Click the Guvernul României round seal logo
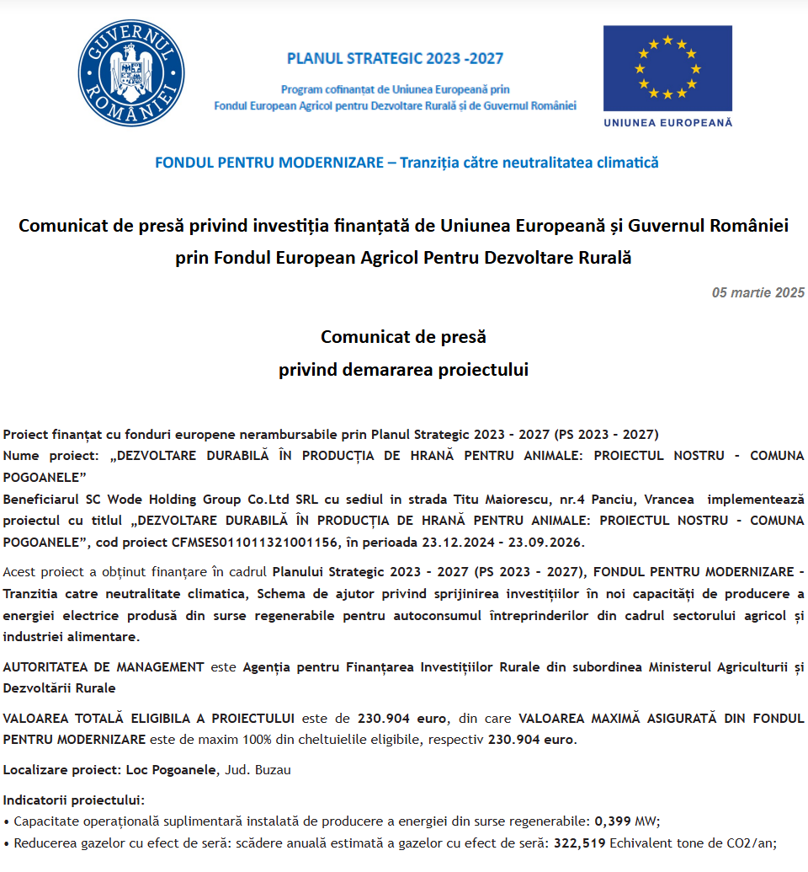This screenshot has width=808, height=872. point(131,74)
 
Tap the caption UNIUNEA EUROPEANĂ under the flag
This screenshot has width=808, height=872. point(668,122)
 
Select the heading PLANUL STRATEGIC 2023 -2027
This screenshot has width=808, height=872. point(395,59)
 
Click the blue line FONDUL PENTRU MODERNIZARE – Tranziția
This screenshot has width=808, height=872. point(407,163)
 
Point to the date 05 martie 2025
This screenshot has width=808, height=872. point(757,293)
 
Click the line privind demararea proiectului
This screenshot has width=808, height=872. point(403,370)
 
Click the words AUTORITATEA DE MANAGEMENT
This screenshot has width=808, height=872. point(104,666)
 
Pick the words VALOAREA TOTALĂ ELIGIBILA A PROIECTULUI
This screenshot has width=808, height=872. point(149,718)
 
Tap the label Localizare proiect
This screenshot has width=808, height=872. point(61,769)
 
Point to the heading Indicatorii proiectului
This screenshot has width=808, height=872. point(74,799)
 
